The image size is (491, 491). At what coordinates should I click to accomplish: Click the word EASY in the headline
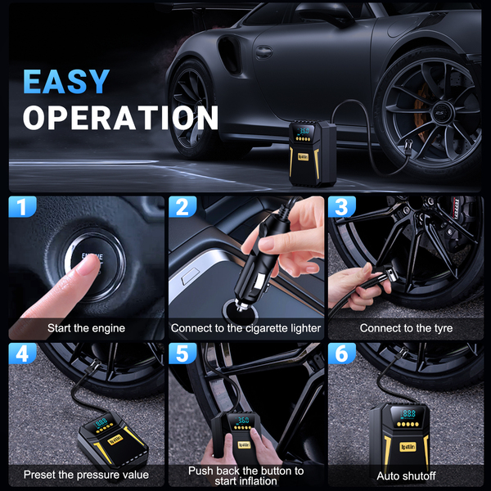[x=66, y=81]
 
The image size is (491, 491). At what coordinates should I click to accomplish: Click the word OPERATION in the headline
[x=120, y=117]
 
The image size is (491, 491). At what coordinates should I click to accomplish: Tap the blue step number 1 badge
[x=22, y=207]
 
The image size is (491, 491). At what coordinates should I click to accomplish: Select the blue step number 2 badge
[x=182, y=207]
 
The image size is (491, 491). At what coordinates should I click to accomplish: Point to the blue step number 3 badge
[x=342, y=207]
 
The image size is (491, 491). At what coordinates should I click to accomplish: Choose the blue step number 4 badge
[x=22, y=354]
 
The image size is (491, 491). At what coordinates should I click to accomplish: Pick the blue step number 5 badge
[x=182, y=354]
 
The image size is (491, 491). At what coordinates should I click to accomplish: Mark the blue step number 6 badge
[x=342, y=354]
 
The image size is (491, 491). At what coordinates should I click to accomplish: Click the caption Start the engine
[x=86, y=328]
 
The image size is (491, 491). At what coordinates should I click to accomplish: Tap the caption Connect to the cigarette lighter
[x=245, y=328]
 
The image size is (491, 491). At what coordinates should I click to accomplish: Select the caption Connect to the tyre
[x=406, y=328]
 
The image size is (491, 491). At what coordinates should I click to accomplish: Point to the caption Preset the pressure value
[x=86, y=475]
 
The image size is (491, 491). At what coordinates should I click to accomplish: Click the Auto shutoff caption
[x=406, y=476]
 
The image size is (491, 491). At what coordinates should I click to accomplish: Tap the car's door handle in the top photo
[x=264, y=52]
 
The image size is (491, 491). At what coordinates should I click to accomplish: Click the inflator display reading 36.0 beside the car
[x=304, y=131]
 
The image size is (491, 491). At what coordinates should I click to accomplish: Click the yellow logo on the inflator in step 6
[x=408, y=447]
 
